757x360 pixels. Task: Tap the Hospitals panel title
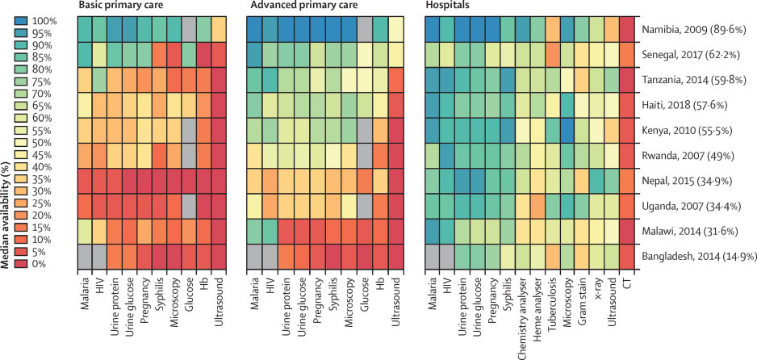click(441, 6)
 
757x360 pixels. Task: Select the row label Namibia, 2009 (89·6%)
click(695, 28)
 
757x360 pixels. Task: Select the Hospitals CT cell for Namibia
click(625, 28)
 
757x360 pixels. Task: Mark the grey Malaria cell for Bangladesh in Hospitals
click(432, 256)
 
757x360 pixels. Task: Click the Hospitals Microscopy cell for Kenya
click(567, 130)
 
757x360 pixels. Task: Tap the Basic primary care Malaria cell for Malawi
click(85, 231)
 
